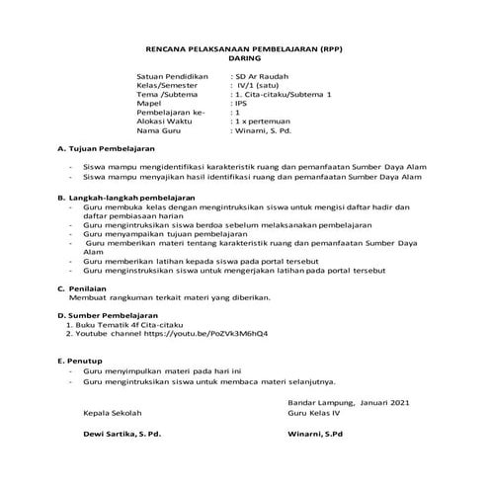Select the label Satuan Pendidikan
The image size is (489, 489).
tap(173, 76)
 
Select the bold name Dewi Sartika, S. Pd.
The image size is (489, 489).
tap(122, 435)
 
